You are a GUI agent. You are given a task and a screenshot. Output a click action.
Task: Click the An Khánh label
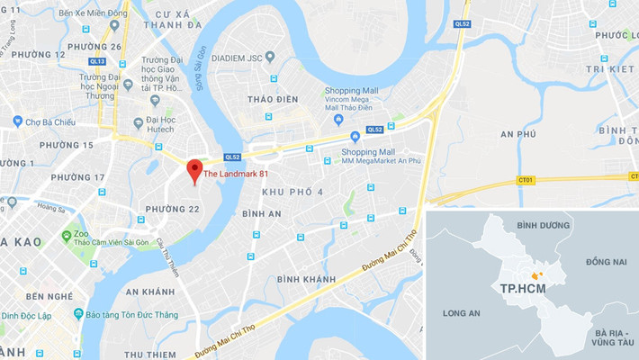(x=148, y=292)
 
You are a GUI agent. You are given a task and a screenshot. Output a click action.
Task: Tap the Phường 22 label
(x=172, y=209)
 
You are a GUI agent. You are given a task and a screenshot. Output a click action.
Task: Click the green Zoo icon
(x=66, y=236)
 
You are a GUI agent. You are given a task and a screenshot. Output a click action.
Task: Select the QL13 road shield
(x=97, y=62)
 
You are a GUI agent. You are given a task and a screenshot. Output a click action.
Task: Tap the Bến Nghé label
(x=49, y=296)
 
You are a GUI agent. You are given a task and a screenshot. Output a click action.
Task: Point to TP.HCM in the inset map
(x=520, y=288)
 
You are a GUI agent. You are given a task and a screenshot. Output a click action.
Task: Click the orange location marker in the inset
(x=537, y=274)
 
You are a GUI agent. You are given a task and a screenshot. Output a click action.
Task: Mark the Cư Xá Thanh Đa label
(x=177, y=20)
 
